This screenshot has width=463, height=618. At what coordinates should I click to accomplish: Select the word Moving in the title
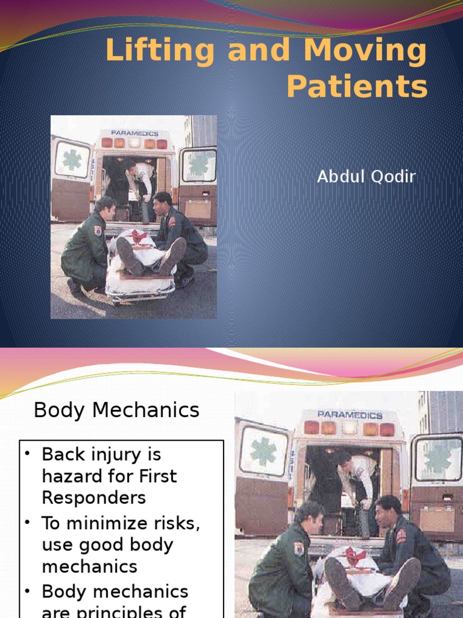pyautogui.click(x=365, y=51)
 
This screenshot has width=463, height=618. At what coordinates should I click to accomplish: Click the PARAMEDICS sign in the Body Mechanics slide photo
pyautogui.click(x=350, y=415)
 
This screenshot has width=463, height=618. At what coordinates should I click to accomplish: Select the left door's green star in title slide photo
pyautogui.click(x=72, y=160)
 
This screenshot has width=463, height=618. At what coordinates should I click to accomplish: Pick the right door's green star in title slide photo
pyautogui.click(x=198, y=164)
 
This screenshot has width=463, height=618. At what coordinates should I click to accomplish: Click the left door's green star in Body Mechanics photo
pyautogui.click(x=263, y=451)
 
